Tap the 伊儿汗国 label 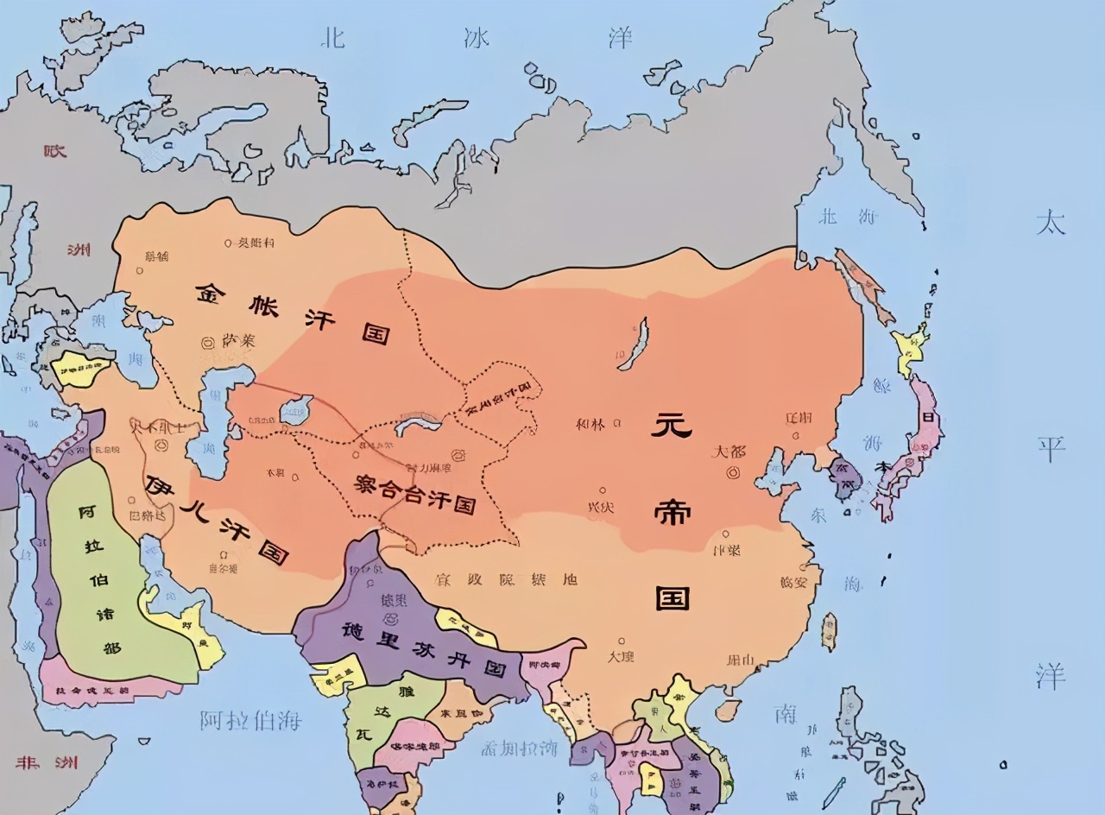click(216, 518)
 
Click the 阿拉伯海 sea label click(250, 719)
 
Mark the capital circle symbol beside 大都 click(735, 471)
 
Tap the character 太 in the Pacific click(1051, 223)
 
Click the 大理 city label click(621, 655)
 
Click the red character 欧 click(56, 149)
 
